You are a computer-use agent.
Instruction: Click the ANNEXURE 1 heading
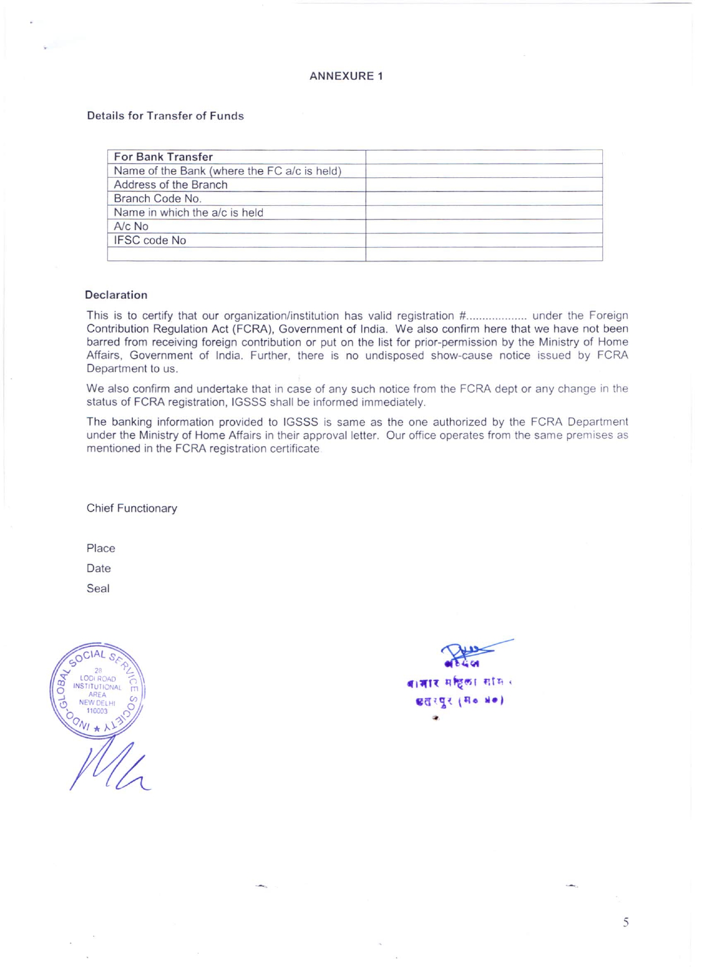coord(346,76)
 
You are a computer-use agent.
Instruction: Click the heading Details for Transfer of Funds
coord(165,116)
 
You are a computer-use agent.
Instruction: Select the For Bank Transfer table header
coord(163,157)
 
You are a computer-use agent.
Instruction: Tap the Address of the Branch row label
coord(170,185)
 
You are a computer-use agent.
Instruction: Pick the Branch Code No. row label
coord(157,199)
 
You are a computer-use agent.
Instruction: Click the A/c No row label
coord(131,226)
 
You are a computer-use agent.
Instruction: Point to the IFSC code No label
coord(150,241)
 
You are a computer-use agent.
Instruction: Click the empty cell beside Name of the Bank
coord(483,171)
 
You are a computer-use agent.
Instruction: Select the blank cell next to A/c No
coord(483,226)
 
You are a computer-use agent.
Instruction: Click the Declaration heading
coord(116,295)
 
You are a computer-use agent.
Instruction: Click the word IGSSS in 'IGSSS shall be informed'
coord(249,402)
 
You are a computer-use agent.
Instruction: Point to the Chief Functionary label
coord(132,508)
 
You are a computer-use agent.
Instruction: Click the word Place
coord(101,548)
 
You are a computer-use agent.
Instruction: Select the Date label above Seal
coord(99,569)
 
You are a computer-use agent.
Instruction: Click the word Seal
coord(98,588)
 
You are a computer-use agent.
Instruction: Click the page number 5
coord(625,922)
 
